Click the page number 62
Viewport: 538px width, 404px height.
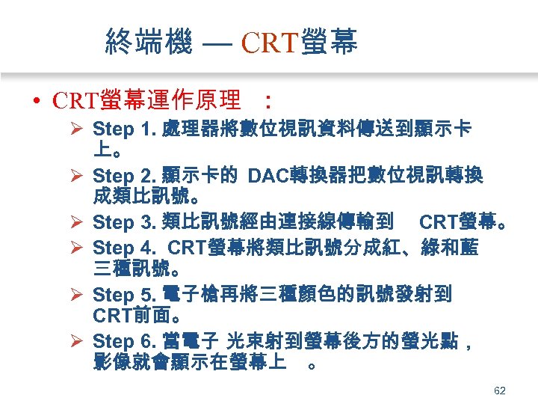(x=500, y=391)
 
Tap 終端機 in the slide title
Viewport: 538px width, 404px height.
(x=149, y=43)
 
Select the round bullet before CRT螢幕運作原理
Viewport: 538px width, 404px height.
(x=37, y=100)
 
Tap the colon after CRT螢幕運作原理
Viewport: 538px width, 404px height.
(x=268, y=100)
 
